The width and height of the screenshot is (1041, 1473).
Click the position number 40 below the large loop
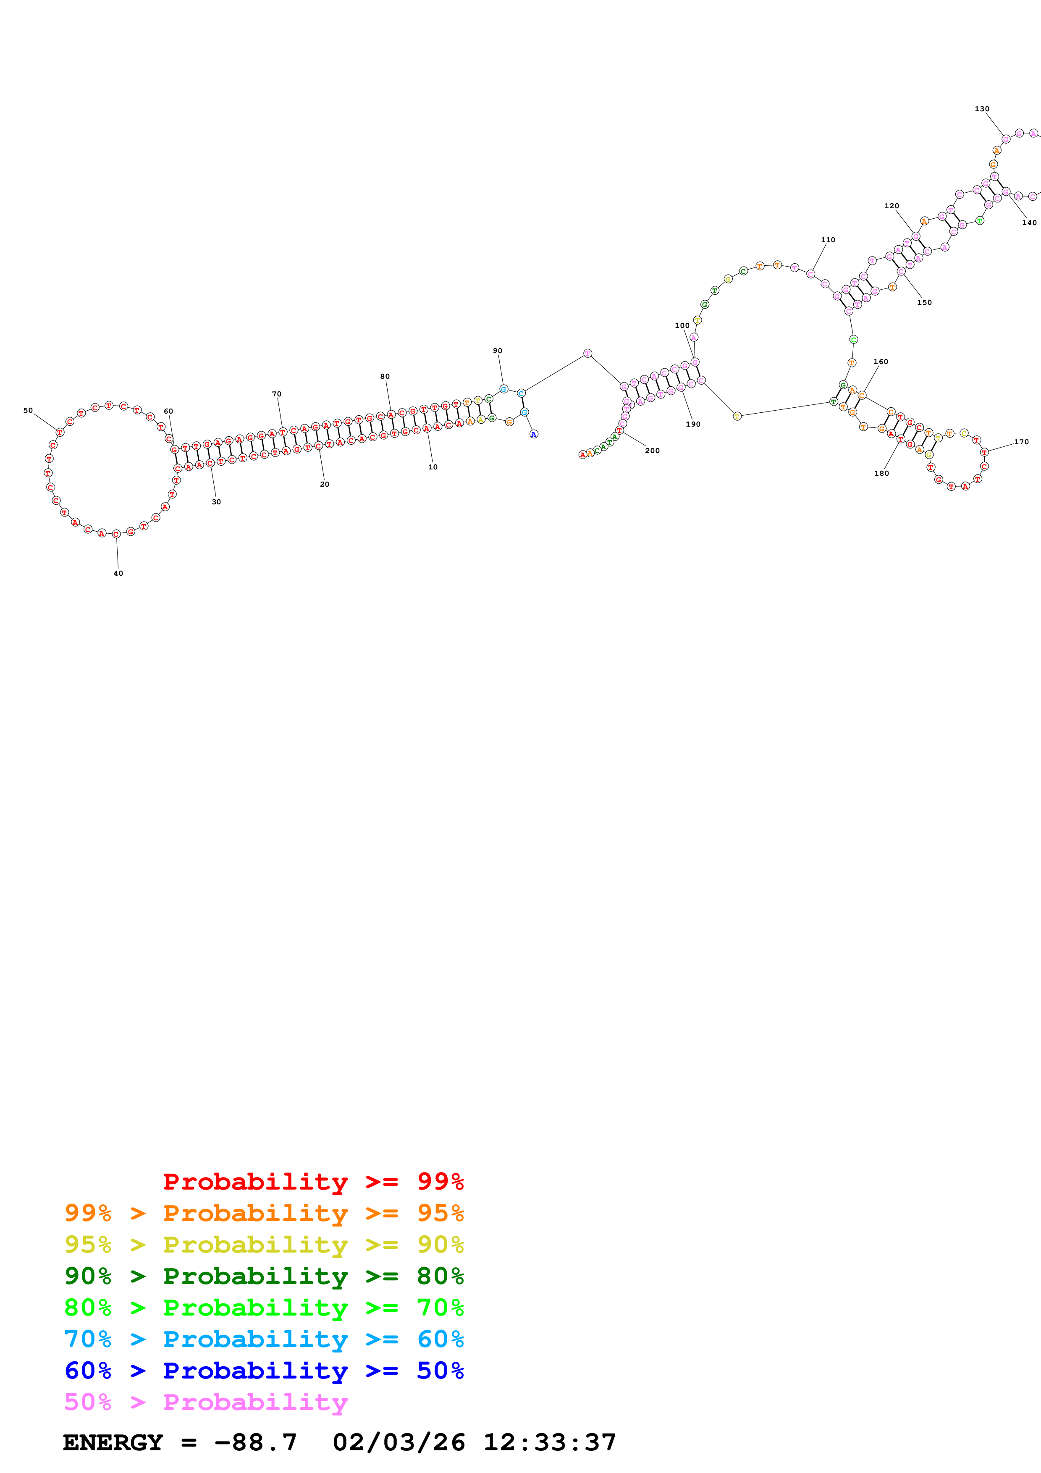coord(118,573)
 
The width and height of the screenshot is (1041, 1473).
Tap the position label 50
coord(28,411)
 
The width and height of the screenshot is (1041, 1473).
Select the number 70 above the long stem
coord(276,394)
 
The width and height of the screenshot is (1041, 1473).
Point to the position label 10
coord(433,467)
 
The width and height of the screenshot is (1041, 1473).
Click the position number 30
coord(216,502)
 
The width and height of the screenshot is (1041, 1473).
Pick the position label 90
coord(498,351)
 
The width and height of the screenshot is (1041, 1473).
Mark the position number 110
coord(828,240)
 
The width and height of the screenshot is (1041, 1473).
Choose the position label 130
coord(982,109)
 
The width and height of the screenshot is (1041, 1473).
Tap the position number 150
coord(924,303)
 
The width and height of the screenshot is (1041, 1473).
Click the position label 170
coord(1022,442)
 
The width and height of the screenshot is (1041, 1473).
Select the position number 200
coord(652,451)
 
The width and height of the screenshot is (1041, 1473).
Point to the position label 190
coord(693,424)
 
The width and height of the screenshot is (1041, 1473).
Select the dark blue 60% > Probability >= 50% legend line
coord(264,1371)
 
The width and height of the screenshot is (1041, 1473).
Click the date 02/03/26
coord(399,1443)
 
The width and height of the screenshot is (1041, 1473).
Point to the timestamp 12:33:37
coord(550,1443)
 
